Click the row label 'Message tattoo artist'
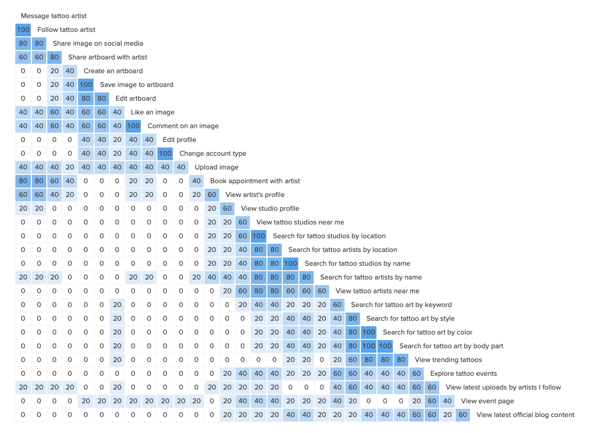click(x=53, y=16)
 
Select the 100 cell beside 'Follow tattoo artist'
click(x=23, y=30)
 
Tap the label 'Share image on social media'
click(x=98, y=43)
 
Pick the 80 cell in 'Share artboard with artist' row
click(x=54, y=57)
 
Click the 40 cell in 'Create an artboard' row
click(x=69, y=71)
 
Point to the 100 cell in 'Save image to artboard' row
click(x=86, y=85)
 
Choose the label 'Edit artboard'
click(x=135, y=98)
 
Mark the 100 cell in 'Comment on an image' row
click(x=133, y=126)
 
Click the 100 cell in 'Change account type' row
click(x=165, y=154)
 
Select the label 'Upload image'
click(x=216, y=167)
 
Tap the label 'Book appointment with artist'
click(x=255, y=181)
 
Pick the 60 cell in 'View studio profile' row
click(x=227, y=209)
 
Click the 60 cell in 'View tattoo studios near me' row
click(x=242, y=222)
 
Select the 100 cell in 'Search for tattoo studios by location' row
click(x=259, y=236)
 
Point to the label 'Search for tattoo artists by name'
click(x=371, y=277)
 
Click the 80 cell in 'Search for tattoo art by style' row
click(x=353, y=319)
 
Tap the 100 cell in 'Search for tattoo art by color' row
click(x=369, y=332)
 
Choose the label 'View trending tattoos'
click(x=448, y=360)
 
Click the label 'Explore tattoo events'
click(x=463, y=374)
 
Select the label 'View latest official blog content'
click(x=525, y=415)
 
